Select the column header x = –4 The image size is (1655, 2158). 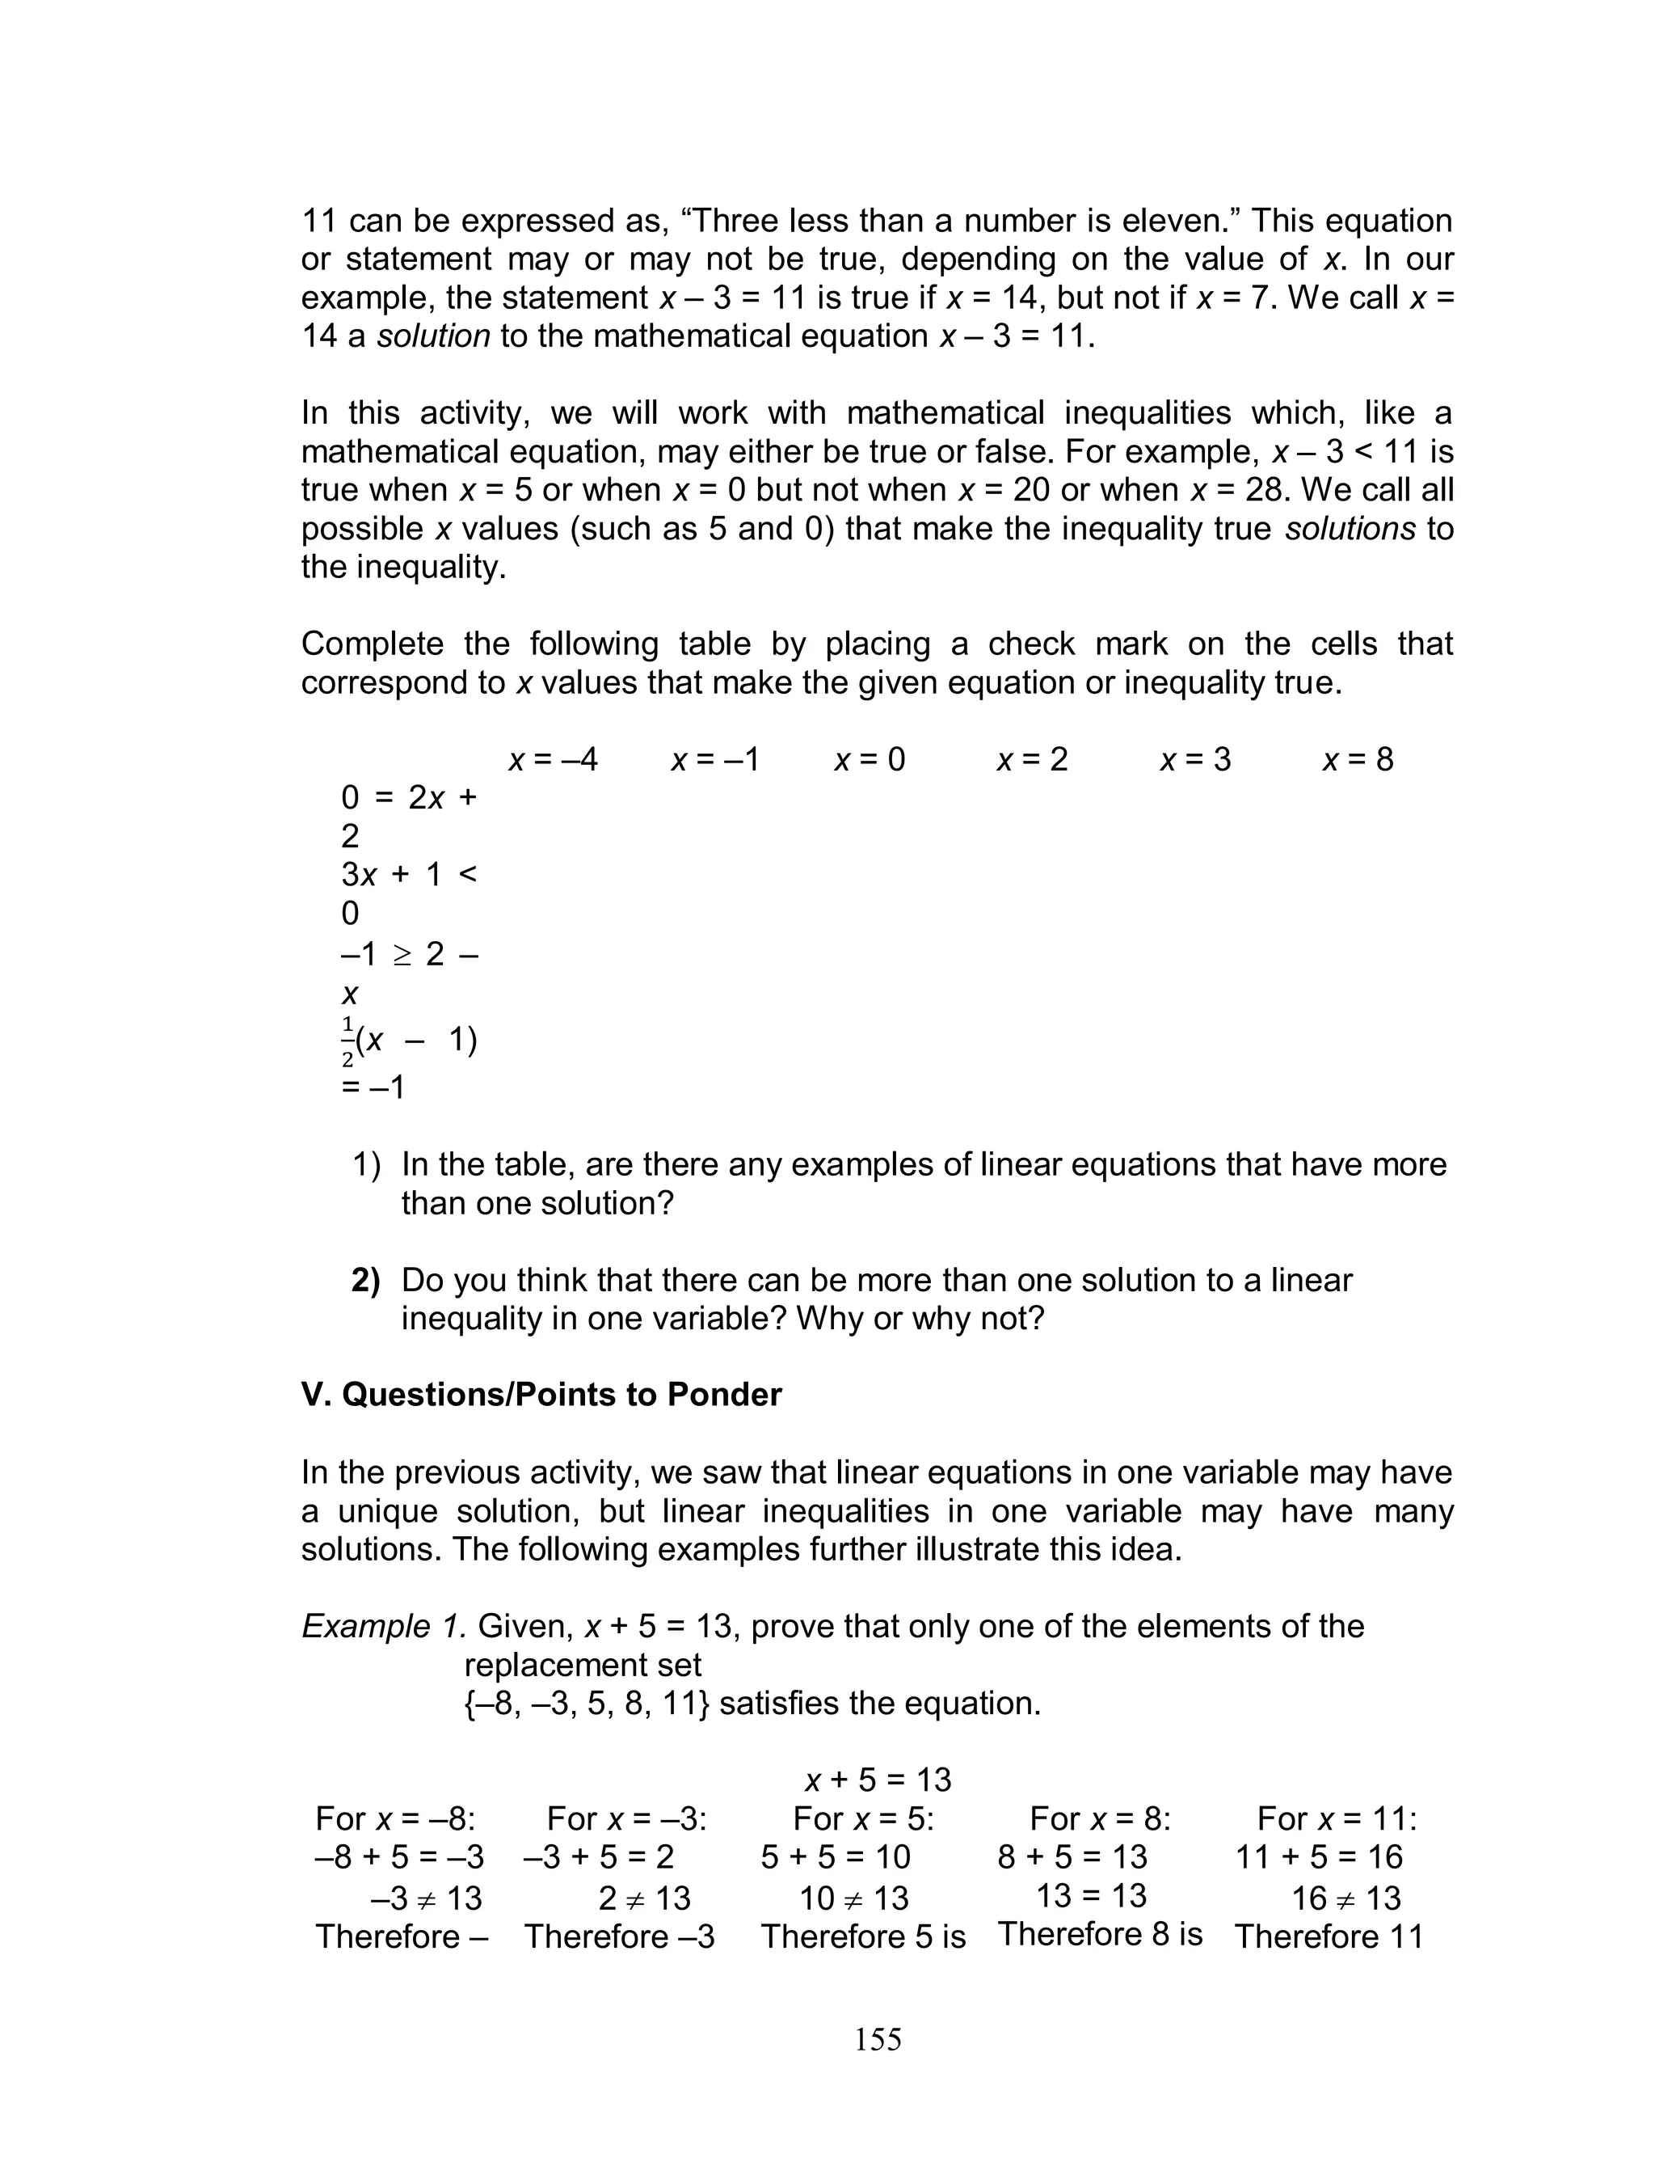pos(553,760)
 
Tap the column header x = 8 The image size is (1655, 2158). pos(1358,760)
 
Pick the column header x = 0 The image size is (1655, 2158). pos(870,760)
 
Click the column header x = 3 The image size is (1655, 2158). pos(1195,760)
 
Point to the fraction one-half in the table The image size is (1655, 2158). pos(347,1042)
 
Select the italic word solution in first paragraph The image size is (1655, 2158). pos(433,336)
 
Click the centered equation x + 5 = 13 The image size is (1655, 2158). pos(878,1780)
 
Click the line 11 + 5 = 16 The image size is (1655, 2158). pos(1318,1856)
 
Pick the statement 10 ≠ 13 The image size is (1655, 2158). pos(853,1898)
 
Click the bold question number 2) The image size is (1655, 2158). pos(365,1280)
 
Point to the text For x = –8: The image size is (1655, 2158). pos(395,1818)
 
